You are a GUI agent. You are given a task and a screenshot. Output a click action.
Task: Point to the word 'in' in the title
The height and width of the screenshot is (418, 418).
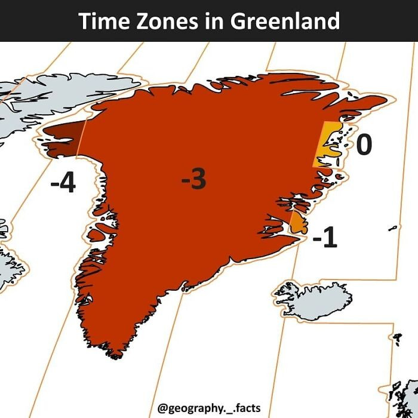[213, 21]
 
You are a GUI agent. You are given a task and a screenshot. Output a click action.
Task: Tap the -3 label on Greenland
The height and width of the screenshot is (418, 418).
[194, 179]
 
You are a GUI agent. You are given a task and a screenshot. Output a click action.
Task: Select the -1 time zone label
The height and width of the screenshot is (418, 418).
[325, 238]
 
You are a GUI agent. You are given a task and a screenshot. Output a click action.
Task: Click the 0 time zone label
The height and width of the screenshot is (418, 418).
[364, 145]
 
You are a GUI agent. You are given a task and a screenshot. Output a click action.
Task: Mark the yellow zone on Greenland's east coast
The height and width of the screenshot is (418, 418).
[325, 146]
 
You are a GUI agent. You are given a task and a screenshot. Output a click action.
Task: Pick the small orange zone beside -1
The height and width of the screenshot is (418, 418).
[297, 222]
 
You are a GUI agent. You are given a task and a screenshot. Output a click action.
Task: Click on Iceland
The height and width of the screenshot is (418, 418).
[311, 299]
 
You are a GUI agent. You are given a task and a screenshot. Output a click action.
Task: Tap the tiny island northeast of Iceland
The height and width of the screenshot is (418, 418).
[392, 228]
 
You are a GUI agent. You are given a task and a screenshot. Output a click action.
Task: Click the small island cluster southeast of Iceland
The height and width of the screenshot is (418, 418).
[397, 339]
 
